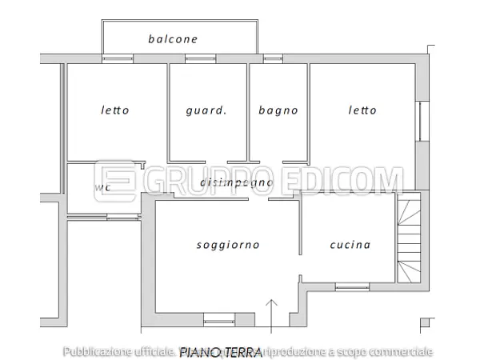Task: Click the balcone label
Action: (x=173, y=38)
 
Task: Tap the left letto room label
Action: (x=115, y=110)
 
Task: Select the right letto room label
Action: (x=362, y=110)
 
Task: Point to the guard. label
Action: (x=206, y=110)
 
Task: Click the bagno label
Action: (x=278, y=110)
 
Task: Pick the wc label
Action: (x=102, y=188)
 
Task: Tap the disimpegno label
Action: (x=237, y=183)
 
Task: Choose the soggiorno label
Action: (x=228, y=245)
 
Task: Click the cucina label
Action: (x=350, y=245)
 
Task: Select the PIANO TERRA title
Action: (x=222, y=351)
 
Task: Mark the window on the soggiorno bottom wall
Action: (x=220, y=322)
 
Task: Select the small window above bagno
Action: (x=274, y=58)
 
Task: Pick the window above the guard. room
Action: (x=201, y=58)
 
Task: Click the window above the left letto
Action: (x=118, y=58)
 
